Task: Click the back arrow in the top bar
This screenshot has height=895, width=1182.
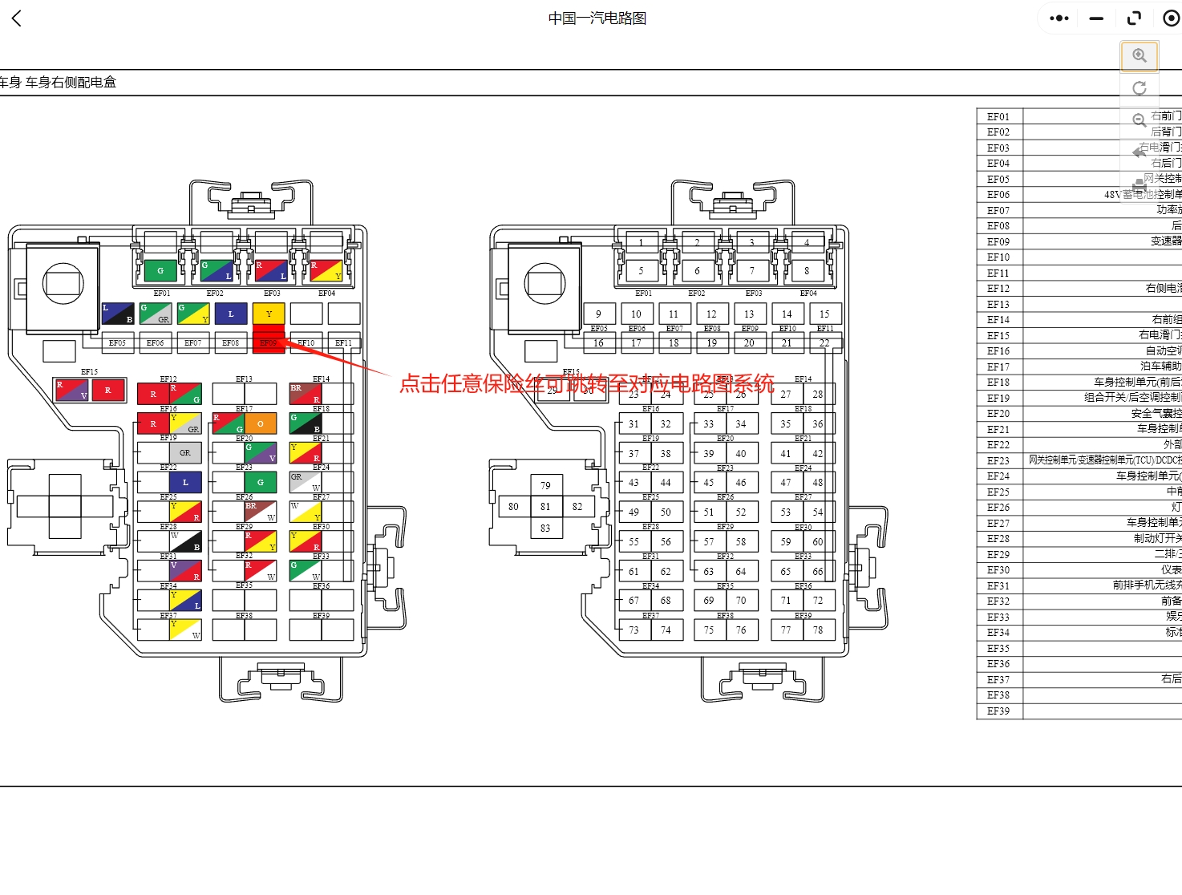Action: coord(17,18)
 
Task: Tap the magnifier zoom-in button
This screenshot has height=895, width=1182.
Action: coord(1139,55)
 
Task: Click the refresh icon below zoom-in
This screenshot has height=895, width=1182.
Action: coord(1139,88)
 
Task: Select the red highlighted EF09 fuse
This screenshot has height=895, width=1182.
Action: coord(269,342)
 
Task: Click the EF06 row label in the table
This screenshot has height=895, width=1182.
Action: coord(998,195)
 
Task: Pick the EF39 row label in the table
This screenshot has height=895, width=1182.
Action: coord(998,711)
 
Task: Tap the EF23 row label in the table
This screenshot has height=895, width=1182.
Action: coord(998,461)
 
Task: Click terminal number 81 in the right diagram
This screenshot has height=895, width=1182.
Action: coord(545,507)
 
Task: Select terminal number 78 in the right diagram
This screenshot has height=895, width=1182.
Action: coord(818,630)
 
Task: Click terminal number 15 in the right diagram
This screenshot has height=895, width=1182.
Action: coord(824,314)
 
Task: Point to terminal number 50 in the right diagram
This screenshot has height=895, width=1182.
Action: coord(666,512)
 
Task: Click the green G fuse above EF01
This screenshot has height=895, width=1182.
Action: coord(160,271)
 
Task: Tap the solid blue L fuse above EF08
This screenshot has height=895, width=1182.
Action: coord(231,314)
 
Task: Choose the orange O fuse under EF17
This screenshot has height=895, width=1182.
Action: coord(261,423)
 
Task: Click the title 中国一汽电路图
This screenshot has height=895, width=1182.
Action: coord(597,18)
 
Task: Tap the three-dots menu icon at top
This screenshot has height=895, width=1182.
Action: coord(1059,18)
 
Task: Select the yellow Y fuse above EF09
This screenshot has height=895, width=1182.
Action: coord(269,314)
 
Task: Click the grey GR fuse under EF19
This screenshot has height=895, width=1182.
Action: coord(185,453)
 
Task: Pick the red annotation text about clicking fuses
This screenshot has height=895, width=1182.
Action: coord(587,383)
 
